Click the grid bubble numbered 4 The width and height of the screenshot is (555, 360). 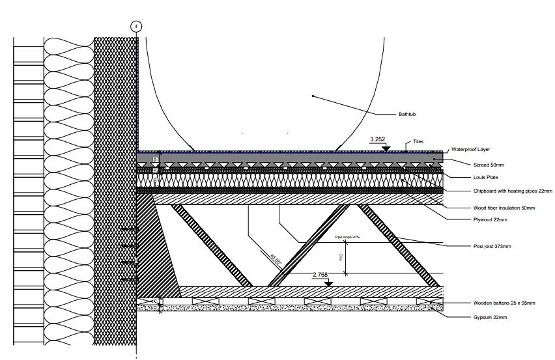[136, 26]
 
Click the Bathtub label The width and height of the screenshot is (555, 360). [407, 115]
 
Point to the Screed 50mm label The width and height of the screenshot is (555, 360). [488, 165]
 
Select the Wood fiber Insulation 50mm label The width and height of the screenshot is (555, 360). [504, 208]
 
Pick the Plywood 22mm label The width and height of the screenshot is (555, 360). [490, 220]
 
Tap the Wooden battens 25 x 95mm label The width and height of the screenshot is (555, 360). [504, 303]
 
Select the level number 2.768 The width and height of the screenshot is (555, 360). [320, 275]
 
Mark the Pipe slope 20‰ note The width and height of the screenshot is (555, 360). [349, 238]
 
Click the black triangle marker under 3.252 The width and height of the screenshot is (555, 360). [386, 147]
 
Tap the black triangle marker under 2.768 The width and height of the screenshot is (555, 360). [328, 283]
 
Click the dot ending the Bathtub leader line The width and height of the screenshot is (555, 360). [313, 96]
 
